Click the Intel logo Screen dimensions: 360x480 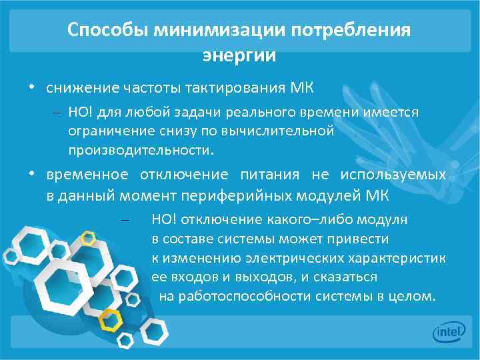click(x=447, y=332)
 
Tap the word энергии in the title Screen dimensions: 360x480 click(x=239, y=55)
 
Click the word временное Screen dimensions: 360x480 click(x=87, y=175)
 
